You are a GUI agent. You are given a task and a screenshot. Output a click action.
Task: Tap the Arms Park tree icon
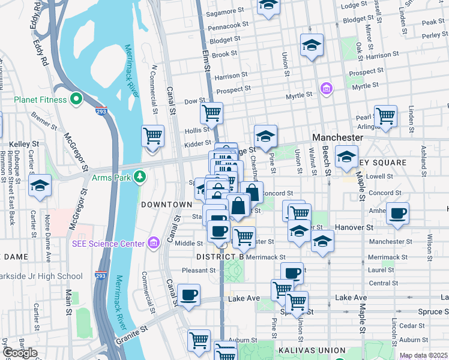[140, 177]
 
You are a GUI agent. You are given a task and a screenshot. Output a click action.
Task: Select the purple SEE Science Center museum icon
[154, 243]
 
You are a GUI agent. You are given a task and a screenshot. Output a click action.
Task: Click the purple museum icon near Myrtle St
[327, 89]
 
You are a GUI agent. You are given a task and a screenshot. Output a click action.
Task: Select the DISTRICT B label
[220, 257]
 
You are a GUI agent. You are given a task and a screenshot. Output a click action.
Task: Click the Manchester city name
[337, 137]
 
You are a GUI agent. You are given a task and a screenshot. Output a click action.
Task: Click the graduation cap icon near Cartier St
[40, 185]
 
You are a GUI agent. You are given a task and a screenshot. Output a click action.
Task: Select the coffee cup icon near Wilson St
[397, 214]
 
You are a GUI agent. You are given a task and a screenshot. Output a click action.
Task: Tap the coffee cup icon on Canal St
[189, 296]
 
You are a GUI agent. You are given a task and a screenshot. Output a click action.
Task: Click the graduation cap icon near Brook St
[312, 46]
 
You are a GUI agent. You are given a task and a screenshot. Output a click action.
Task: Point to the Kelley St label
[24, 145]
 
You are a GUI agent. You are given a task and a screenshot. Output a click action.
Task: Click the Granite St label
[135, 331]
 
